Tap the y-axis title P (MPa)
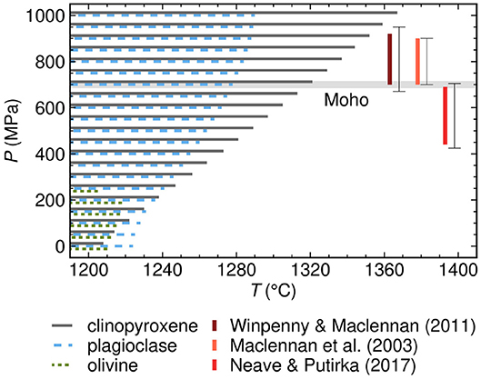pos(13,130)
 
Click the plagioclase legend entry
pos(130,345)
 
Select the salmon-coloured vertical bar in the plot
pos(417,62)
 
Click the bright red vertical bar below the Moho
pos(445,115)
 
